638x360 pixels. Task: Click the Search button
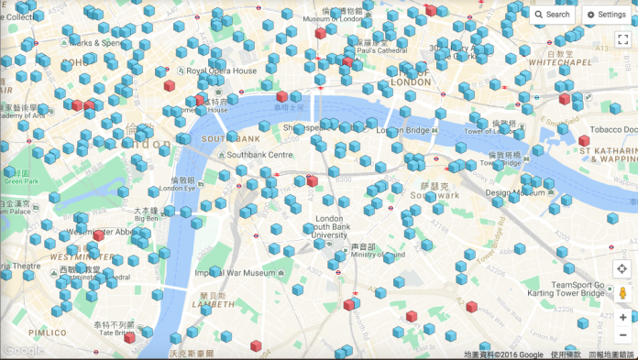(553, 15)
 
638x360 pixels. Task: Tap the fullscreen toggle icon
(622, 39)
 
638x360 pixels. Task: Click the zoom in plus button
(622, 317)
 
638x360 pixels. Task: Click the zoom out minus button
(622, 335)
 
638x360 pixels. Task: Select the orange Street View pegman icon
(622, 293)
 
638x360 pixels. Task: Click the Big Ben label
(146, 219)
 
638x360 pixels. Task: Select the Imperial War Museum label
(236, 272)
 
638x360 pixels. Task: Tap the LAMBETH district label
(213, 304)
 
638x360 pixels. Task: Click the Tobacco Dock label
(610, 131)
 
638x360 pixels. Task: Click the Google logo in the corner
(23, 350)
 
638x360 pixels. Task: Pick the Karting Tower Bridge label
(584, 294)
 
